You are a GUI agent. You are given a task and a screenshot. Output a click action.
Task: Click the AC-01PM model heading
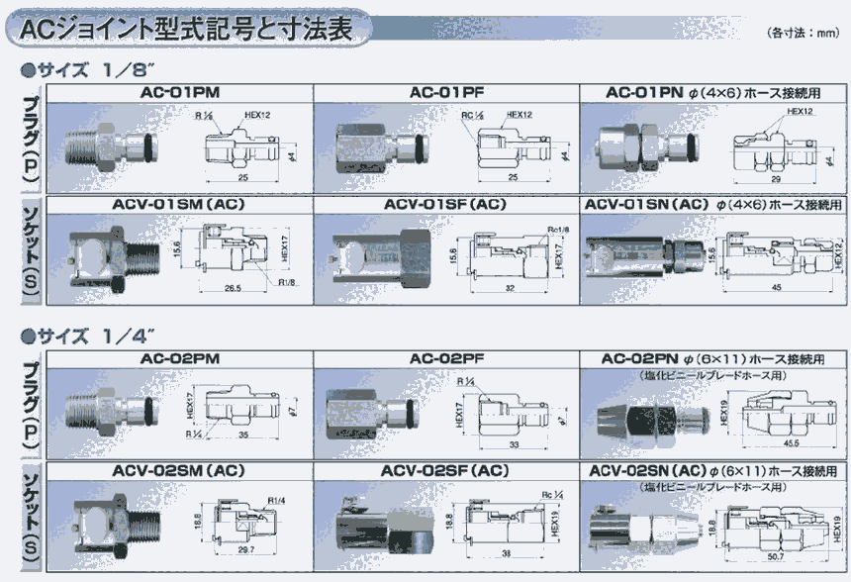tap(180, 92)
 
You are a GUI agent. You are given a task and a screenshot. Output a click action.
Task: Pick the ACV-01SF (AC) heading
tap(444, 205)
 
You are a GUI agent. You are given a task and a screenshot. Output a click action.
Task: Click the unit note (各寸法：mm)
tap(803, 32)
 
